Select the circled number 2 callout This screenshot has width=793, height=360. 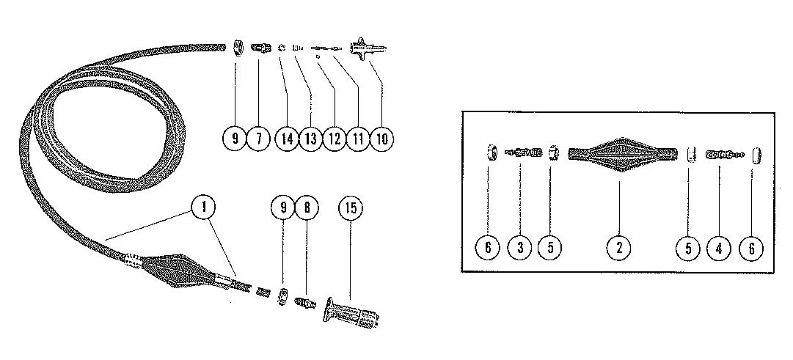(618, 248)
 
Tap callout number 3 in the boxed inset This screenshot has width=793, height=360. (520, 248)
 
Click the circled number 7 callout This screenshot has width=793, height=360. (258, 138)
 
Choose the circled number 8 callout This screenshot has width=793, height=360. (307, 208)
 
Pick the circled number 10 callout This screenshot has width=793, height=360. (381, 138)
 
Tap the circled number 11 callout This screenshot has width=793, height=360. (357, 138)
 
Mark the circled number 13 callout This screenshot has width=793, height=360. (311, 138)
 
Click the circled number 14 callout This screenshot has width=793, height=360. (287, 138)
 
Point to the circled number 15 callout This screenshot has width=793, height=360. (351, 208)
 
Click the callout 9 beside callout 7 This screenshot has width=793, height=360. (235, 138)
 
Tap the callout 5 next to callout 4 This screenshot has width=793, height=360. (689, 248)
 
